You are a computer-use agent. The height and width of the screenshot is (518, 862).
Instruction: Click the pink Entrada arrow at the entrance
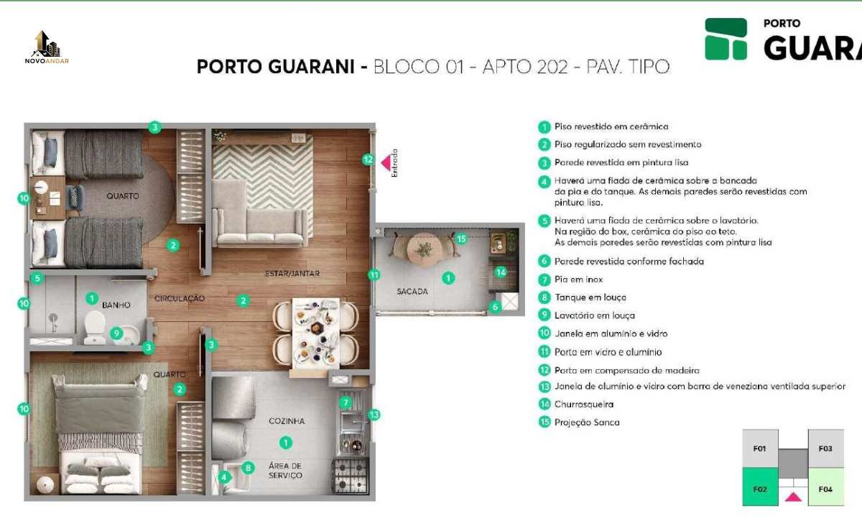pyautogui.click(x=386, y=163)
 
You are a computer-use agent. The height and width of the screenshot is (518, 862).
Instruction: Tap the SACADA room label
pyautogui.click(x=412, y=291)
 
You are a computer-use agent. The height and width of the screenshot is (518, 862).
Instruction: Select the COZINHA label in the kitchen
pyautogui.click(x=287, y=421)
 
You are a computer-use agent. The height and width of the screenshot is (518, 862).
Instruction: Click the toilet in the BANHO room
pyautogui.click(x=95, y=327)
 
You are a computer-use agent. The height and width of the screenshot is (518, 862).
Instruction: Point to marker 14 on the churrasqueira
pyautogui.click(x=501, y=272)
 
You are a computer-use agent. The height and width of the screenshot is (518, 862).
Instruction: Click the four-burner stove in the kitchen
pyautogui.click(x=350, y=476)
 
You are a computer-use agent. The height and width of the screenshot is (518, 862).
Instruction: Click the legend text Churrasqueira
pyautogui.click(x=584, y=404)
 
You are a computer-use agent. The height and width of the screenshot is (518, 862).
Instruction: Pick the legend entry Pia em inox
pyautogui.click(x=578, y=279)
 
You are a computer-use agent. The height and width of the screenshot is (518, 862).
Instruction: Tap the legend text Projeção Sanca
pyautogui.click(x=587, y=422)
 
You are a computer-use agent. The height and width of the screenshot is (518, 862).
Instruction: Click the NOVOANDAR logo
pyautogui.click(x=47, y=47)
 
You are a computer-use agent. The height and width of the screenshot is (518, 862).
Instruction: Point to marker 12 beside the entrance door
pyautogui.click(x=368, y=159)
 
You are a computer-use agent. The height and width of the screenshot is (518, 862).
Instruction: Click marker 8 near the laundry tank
pyautogui.click(x=249, y=468)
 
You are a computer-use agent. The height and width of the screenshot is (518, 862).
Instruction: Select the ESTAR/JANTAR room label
pyautogui.click(x=292, y=273)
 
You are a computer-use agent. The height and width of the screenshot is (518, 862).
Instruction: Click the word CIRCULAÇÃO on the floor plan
pyautogui.click(x=180, y=298)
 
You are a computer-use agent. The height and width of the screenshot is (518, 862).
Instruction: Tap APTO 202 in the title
pyautogui.click(x=525, y=67)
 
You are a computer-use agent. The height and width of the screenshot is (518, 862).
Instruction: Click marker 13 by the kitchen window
pyautogui.click(x=374, y=415)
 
